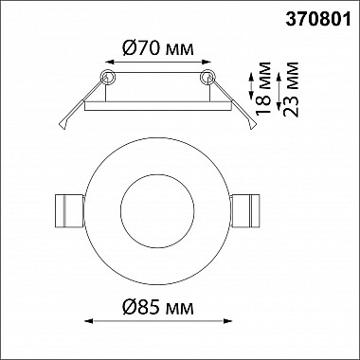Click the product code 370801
pyautogui.click(x=318, y=20)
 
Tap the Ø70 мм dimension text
pyautogui.click(x=158, y=48)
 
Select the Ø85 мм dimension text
pyautogui.click(x=158, y=307)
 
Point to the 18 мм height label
pyautogui.click(x=263, y=88)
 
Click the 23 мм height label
pyautogui.click(x=291, y=89)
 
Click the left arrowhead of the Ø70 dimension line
pyautogui.click(x=109, y=63)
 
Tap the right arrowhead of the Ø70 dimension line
pyautogui.click(x=207, y=63)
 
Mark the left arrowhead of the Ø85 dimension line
pyautogui.click(x=89, y=321)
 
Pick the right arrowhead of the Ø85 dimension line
pyautogui.click(x=227, y=321)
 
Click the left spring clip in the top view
pyautogui.click(x=69, y=211)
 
